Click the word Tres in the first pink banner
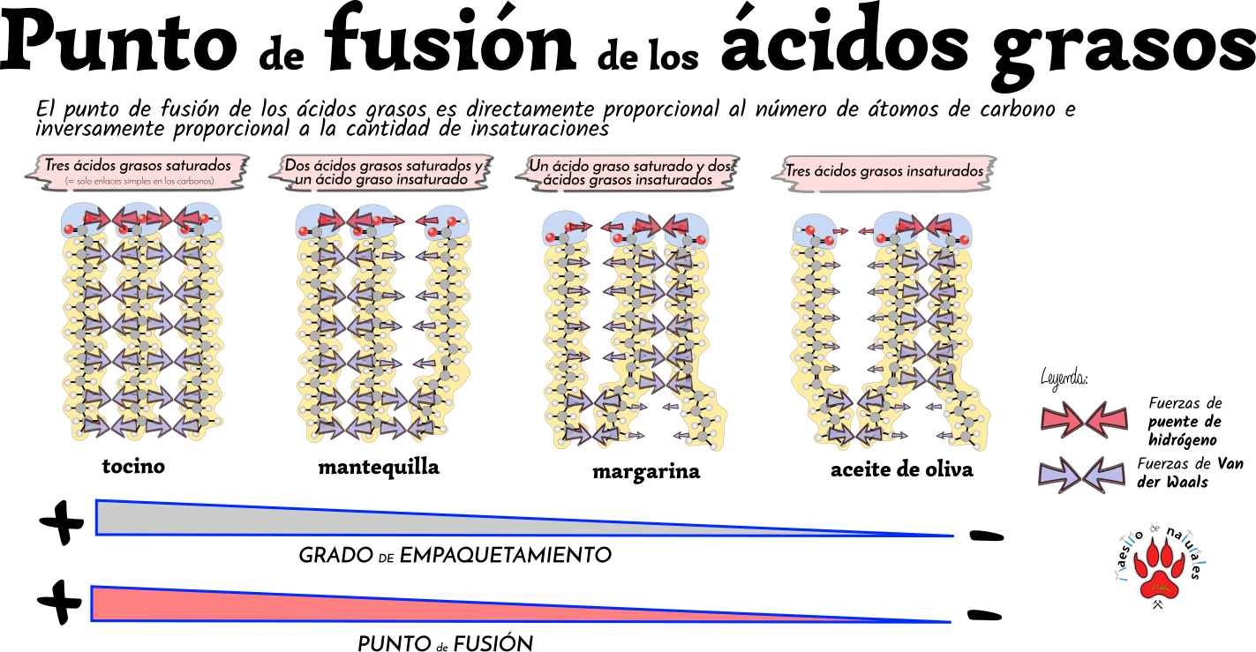point(58,165)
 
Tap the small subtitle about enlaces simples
point(139,181)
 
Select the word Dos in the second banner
point(297,165)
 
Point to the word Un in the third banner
point(539,166)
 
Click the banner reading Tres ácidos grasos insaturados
point(884,171)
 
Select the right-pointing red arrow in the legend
point(1062,420)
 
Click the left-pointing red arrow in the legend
point(1107,420)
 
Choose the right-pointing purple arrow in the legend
point(1059,476)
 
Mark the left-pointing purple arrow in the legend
point(1103,476)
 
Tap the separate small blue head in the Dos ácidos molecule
point(446,223)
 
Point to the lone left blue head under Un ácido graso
point(564,229)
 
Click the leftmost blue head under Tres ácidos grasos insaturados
point(814,231)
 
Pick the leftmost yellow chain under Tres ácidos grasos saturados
point(82,335)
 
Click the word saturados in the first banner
point(202,165)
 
